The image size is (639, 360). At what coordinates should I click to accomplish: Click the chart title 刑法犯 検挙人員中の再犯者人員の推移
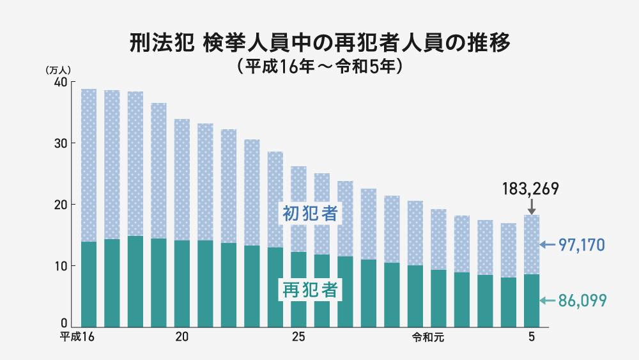coord(319,44)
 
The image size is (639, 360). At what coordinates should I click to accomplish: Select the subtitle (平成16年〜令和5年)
coord(319,66)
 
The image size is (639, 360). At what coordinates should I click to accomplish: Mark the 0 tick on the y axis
coord(64,323)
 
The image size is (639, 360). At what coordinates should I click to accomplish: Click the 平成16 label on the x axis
coord(77,337)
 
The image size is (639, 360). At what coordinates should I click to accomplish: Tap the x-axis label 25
coord(298,337)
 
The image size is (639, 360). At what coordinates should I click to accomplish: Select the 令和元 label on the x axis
coord(427,337)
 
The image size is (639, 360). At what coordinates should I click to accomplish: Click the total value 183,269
coord(532,189)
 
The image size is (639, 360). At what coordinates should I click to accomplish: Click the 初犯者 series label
coord(310,213)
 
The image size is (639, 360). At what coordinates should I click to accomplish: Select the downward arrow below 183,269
coord(532,207)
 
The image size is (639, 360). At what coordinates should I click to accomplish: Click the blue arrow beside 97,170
coord(546,244)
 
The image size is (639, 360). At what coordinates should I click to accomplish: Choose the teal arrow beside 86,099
coord(546,300)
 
